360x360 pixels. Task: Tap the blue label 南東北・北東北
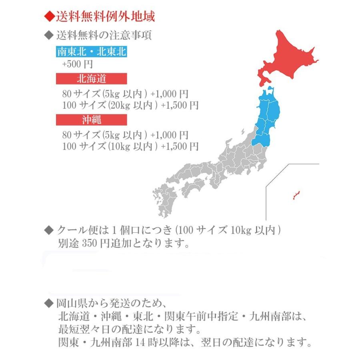tap(92, 52)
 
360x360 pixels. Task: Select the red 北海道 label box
tap(91, 78)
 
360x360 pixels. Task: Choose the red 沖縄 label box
tap(91, 120)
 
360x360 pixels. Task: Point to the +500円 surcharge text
tap(78, 64)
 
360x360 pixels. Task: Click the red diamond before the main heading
tap(49, 17)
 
